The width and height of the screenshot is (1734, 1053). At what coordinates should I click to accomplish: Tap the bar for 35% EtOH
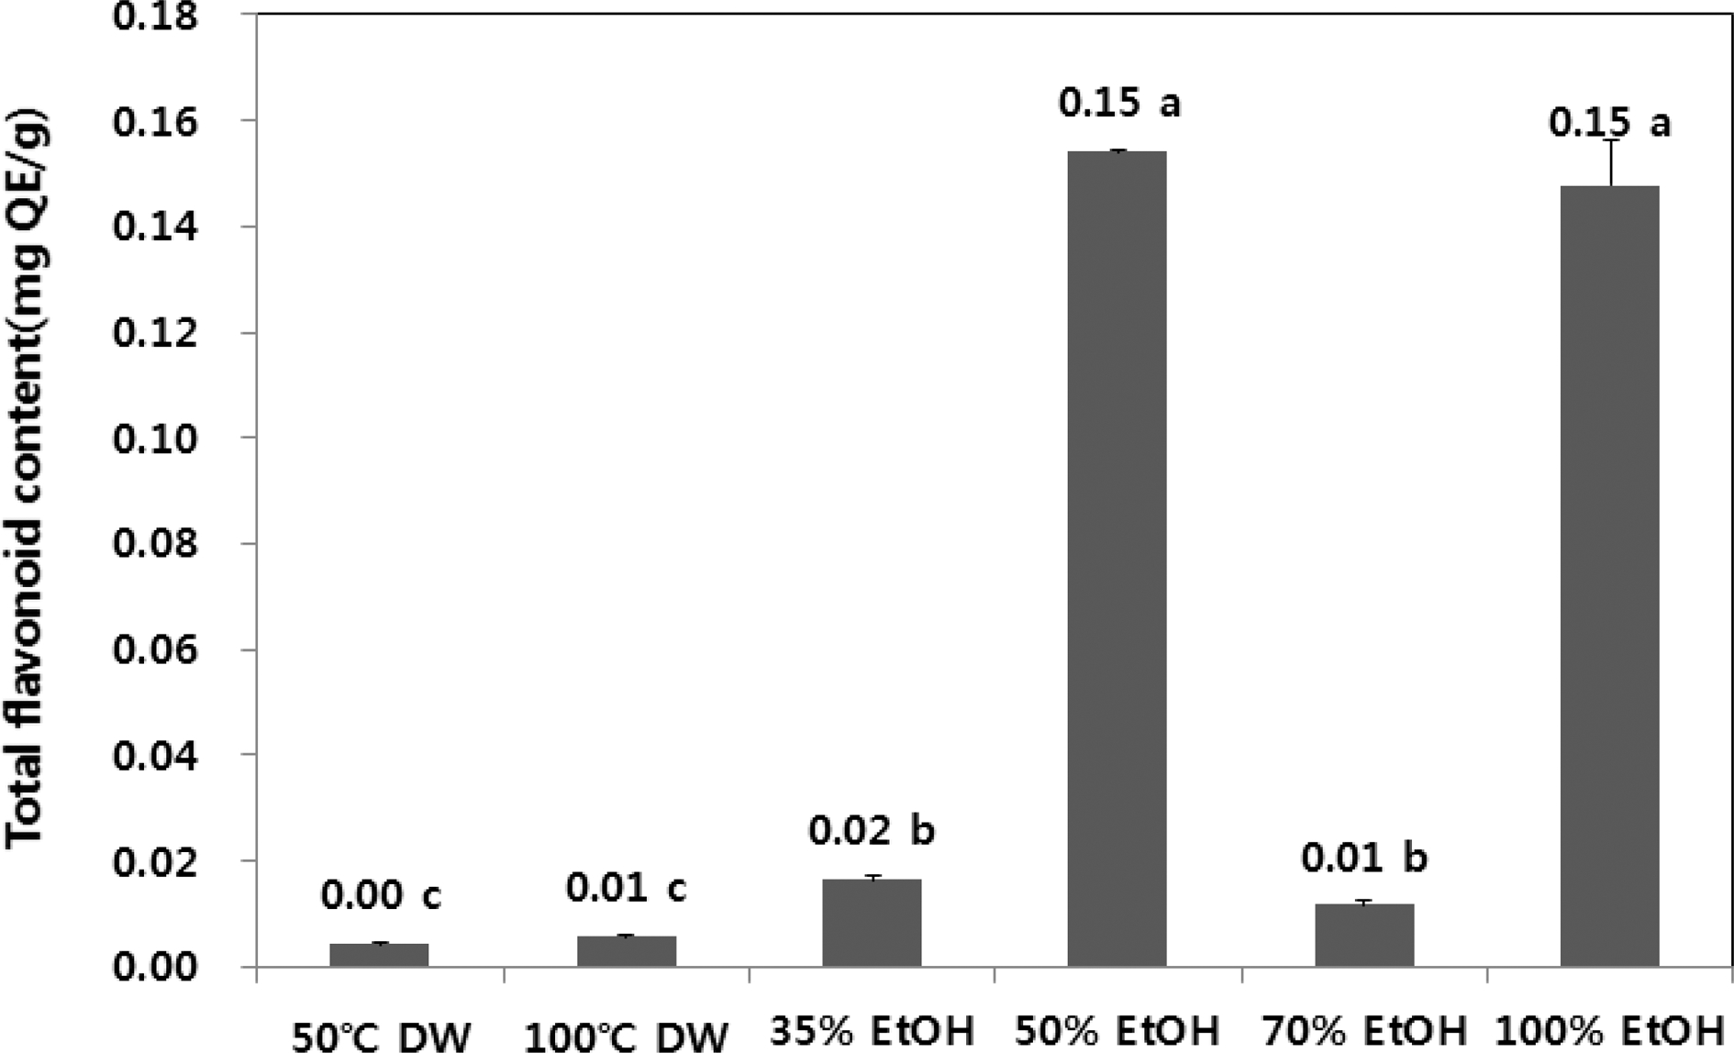(872, 922)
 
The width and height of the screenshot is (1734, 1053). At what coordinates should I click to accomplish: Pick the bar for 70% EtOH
(1364, 935)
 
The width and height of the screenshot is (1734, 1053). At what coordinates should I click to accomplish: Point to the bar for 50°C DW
(379, 954)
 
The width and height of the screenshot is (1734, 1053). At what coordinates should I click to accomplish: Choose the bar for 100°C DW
(627, 950)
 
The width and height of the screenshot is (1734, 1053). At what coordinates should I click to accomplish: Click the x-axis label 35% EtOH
(872, 1032)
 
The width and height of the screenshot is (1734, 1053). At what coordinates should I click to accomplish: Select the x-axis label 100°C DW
(627, 1037)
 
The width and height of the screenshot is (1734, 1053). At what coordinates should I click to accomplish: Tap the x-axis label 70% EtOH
(1364, 1032)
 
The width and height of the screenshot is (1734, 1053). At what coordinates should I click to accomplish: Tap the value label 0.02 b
(871, 831)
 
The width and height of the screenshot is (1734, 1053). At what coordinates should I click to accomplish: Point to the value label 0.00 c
(381, 895)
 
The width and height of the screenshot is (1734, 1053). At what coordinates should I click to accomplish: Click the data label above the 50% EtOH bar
(1119, 104)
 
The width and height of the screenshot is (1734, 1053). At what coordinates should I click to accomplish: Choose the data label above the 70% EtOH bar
(1364, 859)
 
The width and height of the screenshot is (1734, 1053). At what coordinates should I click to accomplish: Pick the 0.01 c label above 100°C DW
(626, 888)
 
